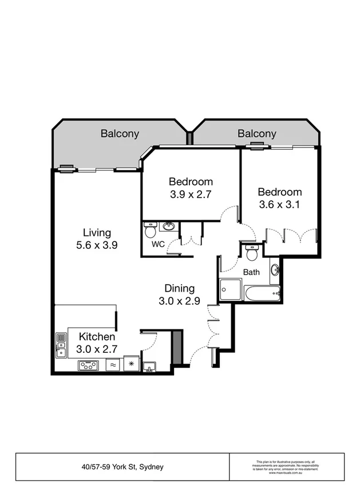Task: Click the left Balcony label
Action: tap(120, 134)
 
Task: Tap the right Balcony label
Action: tap(257, 134)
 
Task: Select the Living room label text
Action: tap(97, 233)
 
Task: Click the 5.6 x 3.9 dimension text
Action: tap(97, 245)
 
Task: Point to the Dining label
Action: tap(179, 288)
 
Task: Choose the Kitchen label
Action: tap(97, 336)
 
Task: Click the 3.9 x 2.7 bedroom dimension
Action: tap(191, 194)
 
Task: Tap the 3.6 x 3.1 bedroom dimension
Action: tap(279, 205)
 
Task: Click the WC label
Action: tap(158, 244)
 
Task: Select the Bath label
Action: tap(251, 273)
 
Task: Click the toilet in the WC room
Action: tap(150, 230)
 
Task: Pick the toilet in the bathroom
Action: tap(252, 253)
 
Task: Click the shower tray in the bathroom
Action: tap(231, 289)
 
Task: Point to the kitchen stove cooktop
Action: tap(88, 365)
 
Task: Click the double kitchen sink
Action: tap(61, 345)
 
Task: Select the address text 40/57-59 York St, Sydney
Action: tap(122, 467)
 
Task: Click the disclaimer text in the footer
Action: tap(287, 467)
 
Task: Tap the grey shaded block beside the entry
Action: tap(177, 347)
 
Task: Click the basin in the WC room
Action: tap(169, 226)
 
